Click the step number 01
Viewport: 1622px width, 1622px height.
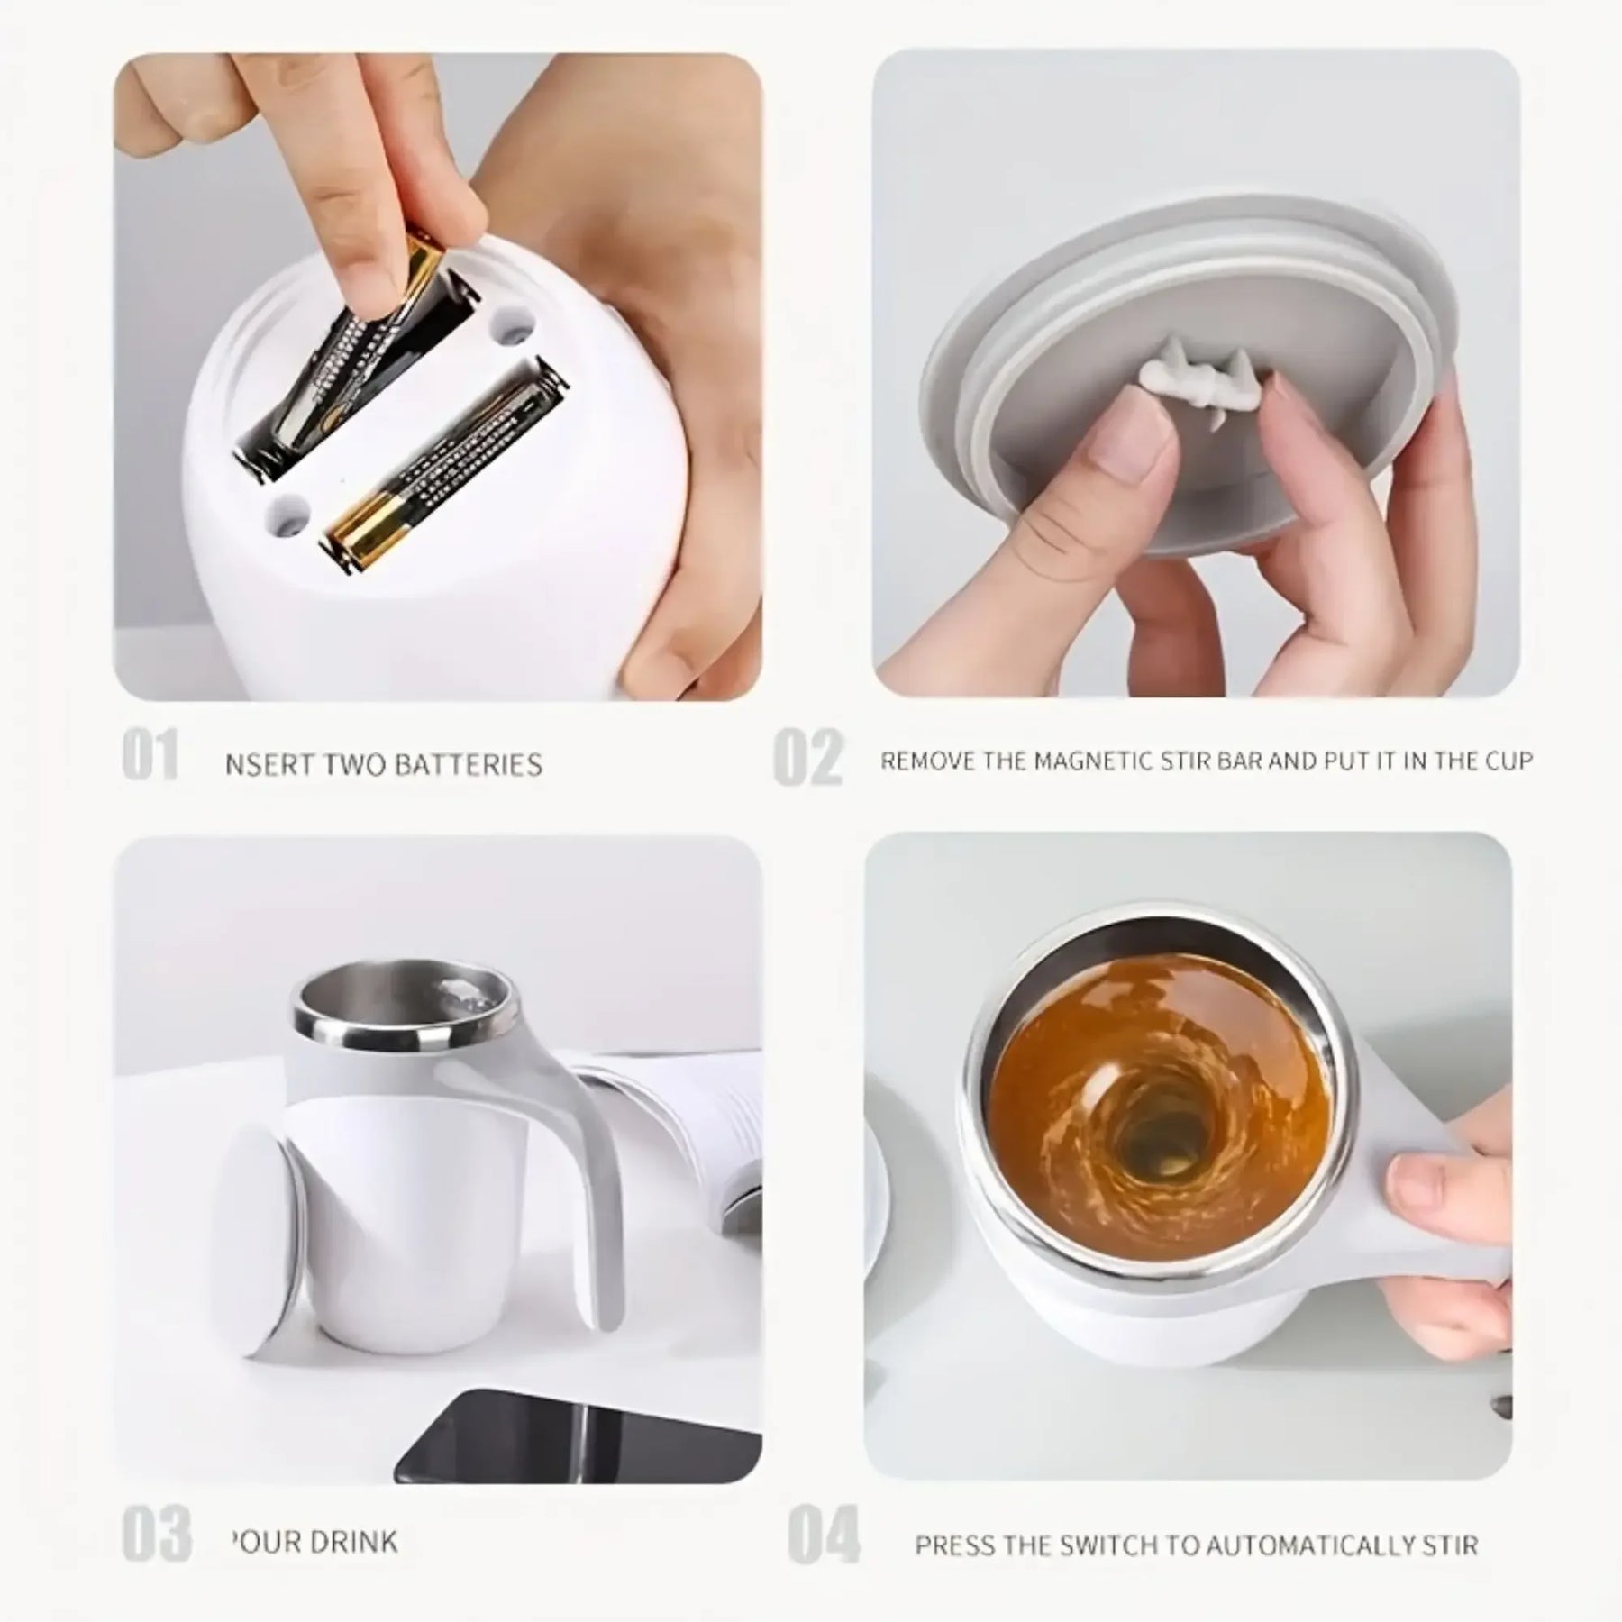150,755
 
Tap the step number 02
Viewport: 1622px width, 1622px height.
808,759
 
